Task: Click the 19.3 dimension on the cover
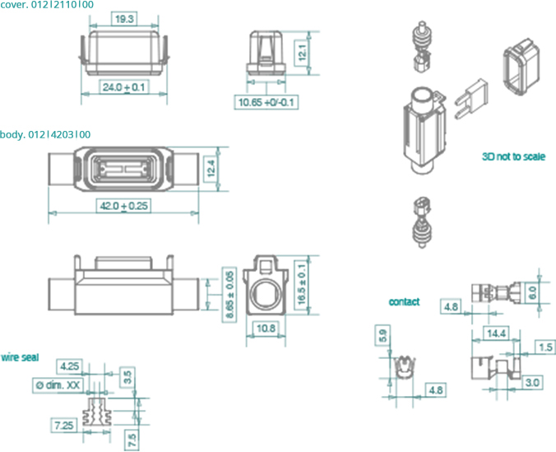point(123,17)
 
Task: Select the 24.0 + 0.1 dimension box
point(123,86)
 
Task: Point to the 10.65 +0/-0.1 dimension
point(267,102)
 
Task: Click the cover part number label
point(47,5)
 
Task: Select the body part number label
point(45,134)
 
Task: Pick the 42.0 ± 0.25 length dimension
point(123,206)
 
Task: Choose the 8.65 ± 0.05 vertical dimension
point(230,294)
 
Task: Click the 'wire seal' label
point(20,357)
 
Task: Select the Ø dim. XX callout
point(58,384)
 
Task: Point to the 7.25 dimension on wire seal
point(63,425)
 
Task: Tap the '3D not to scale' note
point(514,156)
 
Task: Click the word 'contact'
point(404,302)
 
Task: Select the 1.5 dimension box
point(544,347)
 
